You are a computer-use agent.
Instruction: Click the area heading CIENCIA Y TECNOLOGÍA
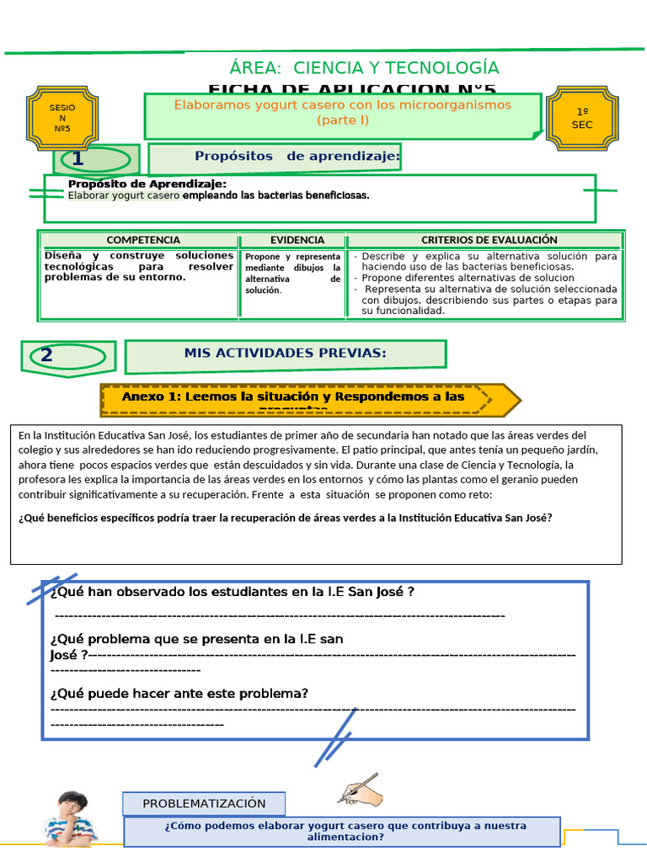coord(364,68)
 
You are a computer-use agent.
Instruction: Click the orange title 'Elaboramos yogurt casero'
coord(342,112)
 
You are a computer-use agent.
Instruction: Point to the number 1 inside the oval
coord(78,159)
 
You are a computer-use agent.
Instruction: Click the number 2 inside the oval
coord(46,355)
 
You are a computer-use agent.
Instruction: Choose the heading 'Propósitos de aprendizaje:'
coord(297,157)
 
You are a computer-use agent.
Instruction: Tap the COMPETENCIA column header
coord(142,240)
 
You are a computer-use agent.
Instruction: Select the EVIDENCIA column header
coord(297,240)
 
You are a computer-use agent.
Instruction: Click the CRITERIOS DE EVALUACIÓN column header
coord(489,240)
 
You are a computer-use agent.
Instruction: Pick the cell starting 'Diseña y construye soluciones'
coord(138,266)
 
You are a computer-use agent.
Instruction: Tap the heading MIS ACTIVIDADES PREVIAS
coord(285,354)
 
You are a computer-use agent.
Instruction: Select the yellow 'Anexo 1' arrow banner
coord(307,399)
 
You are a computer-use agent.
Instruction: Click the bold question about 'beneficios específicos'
coord(285,518)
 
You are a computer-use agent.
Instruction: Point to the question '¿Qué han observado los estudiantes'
coord(232,592)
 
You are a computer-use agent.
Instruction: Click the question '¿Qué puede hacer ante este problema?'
coord(179,694)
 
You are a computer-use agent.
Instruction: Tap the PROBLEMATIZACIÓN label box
coord(204,804)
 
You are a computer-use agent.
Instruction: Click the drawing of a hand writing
coord(361,790)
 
